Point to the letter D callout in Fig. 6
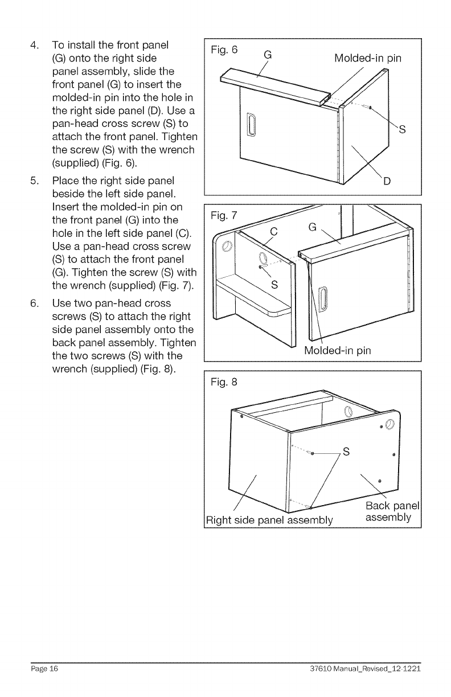(x=387, y=183)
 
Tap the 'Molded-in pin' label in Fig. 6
(x=368, y=59)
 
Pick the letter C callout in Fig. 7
(x=273, y=232)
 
